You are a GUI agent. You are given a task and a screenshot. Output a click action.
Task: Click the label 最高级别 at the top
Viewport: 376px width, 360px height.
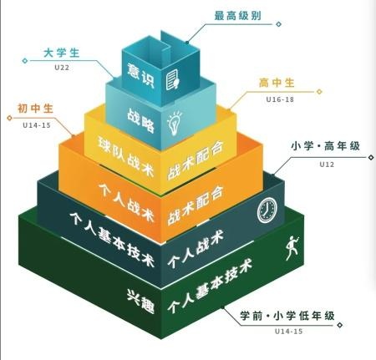click(x=238, y=16)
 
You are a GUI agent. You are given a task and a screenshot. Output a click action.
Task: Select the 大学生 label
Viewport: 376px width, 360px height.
click(x=62, y=53)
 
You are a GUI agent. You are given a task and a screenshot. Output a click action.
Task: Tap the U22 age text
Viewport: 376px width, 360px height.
click(x=62, y=68)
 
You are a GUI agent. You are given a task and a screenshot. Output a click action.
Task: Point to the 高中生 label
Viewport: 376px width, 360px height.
click(x=277, y=83)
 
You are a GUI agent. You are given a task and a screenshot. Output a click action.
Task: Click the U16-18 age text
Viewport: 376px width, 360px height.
click(x=280, y=99)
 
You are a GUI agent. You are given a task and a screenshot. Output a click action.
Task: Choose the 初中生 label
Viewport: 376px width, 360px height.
click(x=35, y=109)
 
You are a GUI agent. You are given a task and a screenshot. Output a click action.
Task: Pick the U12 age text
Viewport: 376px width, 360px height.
click(x=327, y=165)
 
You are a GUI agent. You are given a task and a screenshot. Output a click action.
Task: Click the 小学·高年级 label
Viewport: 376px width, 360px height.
click(x=326, y=146)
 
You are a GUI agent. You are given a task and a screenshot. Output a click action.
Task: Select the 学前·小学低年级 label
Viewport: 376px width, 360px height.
click(x=287, y=316)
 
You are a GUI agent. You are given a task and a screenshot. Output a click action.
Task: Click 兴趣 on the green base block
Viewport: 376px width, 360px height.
click(x=140, y=302)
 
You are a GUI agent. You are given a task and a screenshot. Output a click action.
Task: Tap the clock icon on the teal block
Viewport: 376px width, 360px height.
click(x=267, y=210)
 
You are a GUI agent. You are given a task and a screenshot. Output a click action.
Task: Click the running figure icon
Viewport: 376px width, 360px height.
click(x=292, y=248)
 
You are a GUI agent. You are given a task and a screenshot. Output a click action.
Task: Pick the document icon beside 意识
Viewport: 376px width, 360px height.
click(x=173, y=79)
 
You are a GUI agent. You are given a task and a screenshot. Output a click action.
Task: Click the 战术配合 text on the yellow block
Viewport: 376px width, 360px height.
click(x=196, y=160)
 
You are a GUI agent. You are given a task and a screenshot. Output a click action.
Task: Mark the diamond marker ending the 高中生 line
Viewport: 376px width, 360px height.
click(x=319, y=91)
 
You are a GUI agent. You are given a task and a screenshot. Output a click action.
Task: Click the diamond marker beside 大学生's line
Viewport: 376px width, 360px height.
click(x=25, y=60)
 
